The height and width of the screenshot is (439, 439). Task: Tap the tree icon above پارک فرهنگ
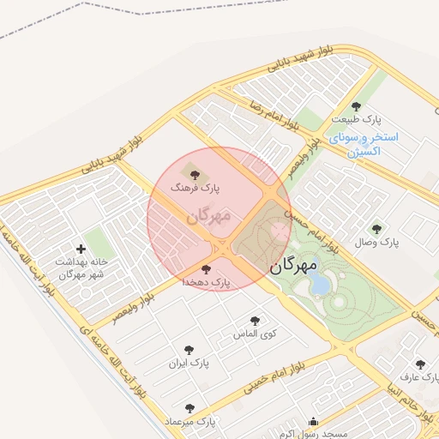pos(190,167)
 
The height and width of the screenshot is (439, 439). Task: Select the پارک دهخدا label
pos(207,282)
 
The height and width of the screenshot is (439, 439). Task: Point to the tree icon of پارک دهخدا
pos(203,269)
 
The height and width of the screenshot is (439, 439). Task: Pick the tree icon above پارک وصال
pos(376,228)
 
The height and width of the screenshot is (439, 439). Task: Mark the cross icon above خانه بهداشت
pos(81,249)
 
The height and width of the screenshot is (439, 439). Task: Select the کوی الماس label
pos(252,334)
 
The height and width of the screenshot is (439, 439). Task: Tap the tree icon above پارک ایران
pos(189,350)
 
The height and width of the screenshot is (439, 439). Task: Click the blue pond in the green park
pos(319,284)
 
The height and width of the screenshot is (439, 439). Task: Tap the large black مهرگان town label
pos(298,267)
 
